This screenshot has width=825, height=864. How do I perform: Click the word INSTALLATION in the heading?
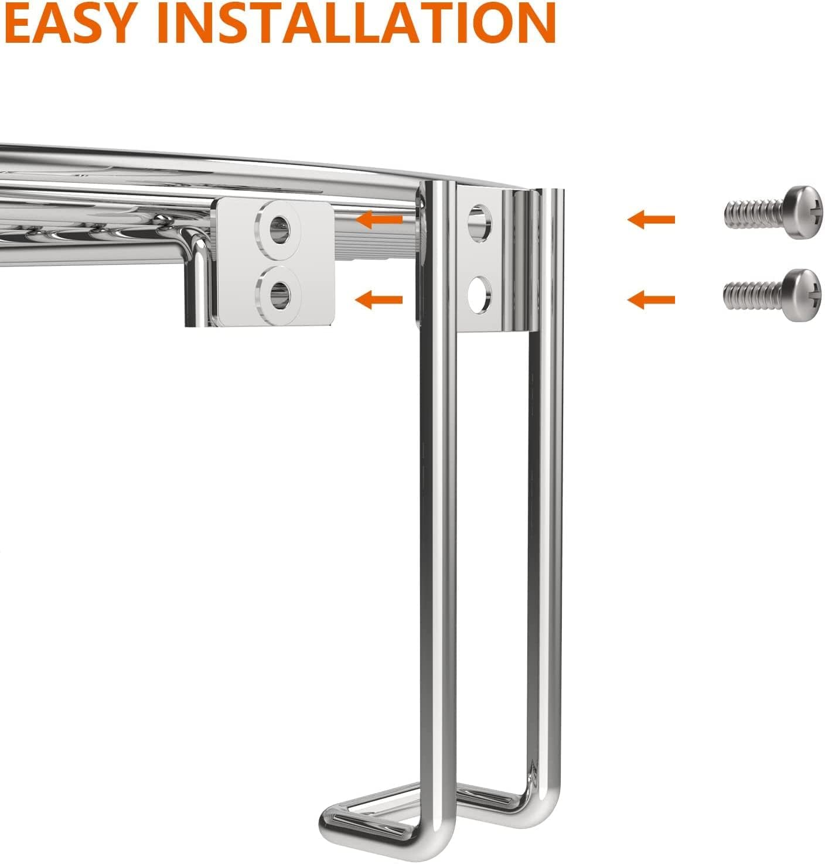click(356, 22)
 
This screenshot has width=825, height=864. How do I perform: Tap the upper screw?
click(773, 212)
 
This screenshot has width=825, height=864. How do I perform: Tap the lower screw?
click(773, 295)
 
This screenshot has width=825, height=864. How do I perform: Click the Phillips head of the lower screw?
click(802, 295)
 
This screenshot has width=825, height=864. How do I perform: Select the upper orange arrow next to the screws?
click(652, 219)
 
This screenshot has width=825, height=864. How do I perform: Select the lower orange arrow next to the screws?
click(652, 300)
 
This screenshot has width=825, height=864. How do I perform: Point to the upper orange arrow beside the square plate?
click(379, 219)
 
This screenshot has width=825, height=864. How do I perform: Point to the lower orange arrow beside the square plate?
click(379, 300)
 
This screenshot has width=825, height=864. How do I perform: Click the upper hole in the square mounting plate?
click(279, 230)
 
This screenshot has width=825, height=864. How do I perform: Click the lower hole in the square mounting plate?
click(279, 295)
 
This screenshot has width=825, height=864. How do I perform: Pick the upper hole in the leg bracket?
click(479, 223)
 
